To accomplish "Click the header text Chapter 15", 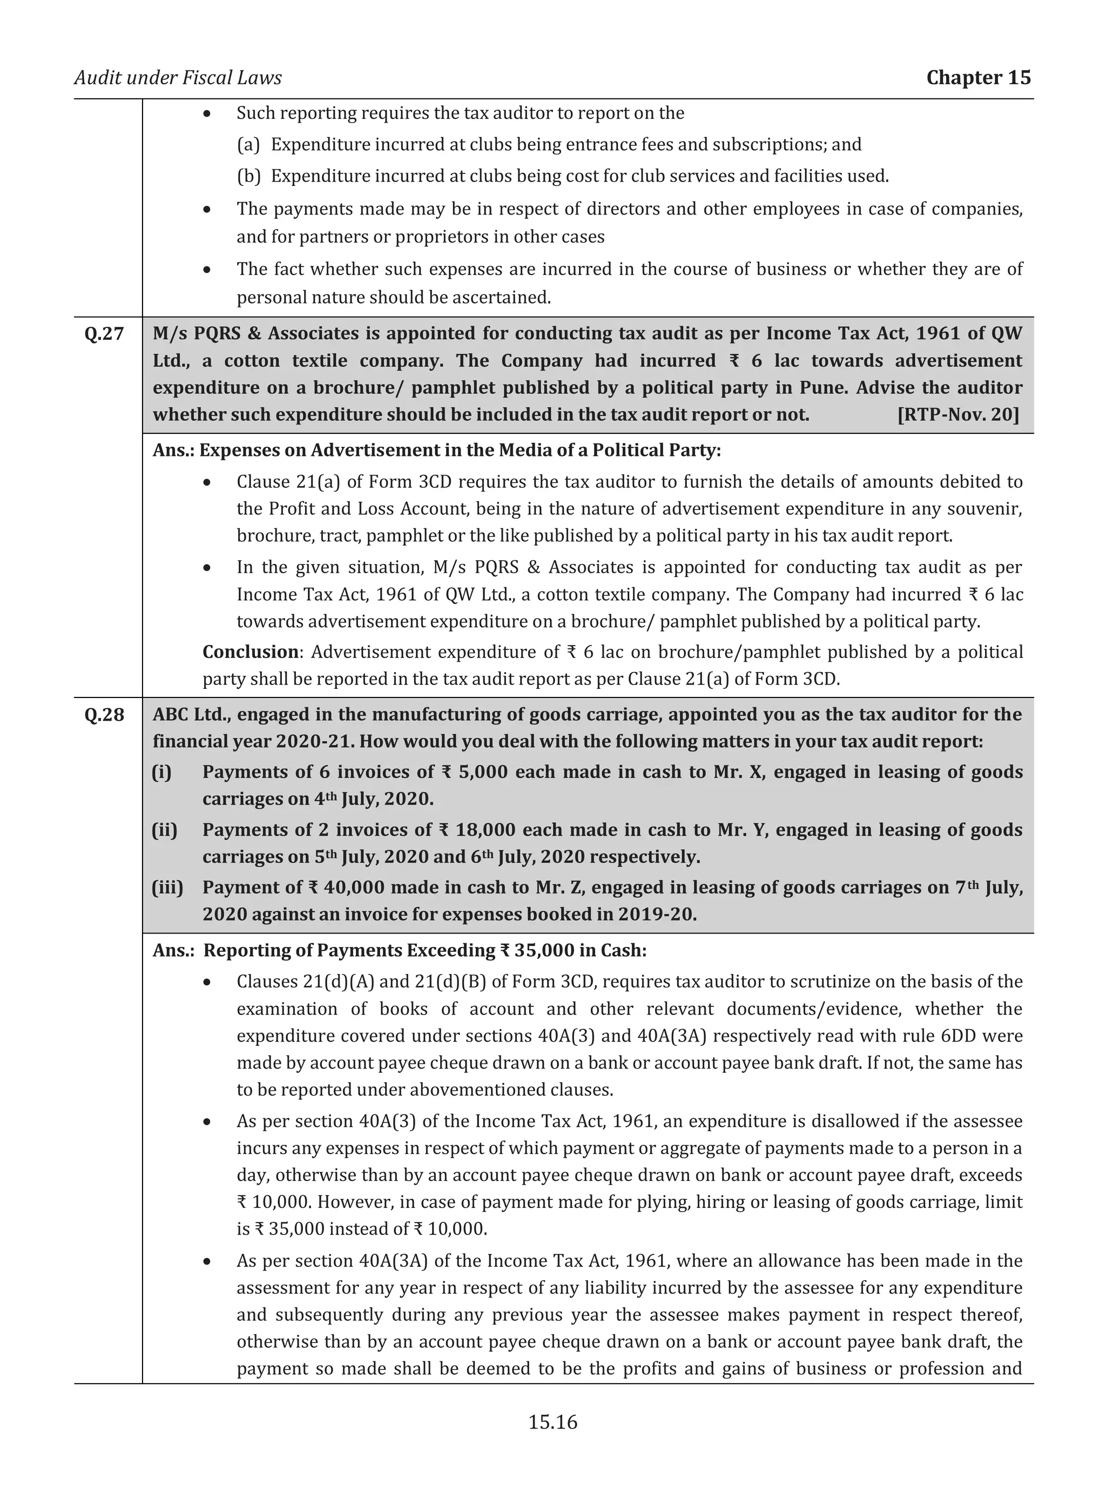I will click(x=977, y=78).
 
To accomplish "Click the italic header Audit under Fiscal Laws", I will click(x=178, y=78).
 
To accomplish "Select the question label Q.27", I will click(x=104, y=333).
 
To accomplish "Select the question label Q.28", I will click(x=104, y=715).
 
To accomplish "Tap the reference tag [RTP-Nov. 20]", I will click(x=957, y=414).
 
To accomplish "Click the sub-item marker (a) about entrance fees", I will click(x=248, y=145).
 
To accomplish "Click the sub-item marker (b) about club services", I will click(x=248, y=176).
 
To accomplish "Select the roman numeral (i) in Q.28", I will click(x=162, y=773).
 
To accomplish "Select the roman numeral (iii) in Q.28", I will click(x=167, y=888).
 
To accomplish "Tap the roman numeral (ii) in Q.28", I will click(x=165, y=830).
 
